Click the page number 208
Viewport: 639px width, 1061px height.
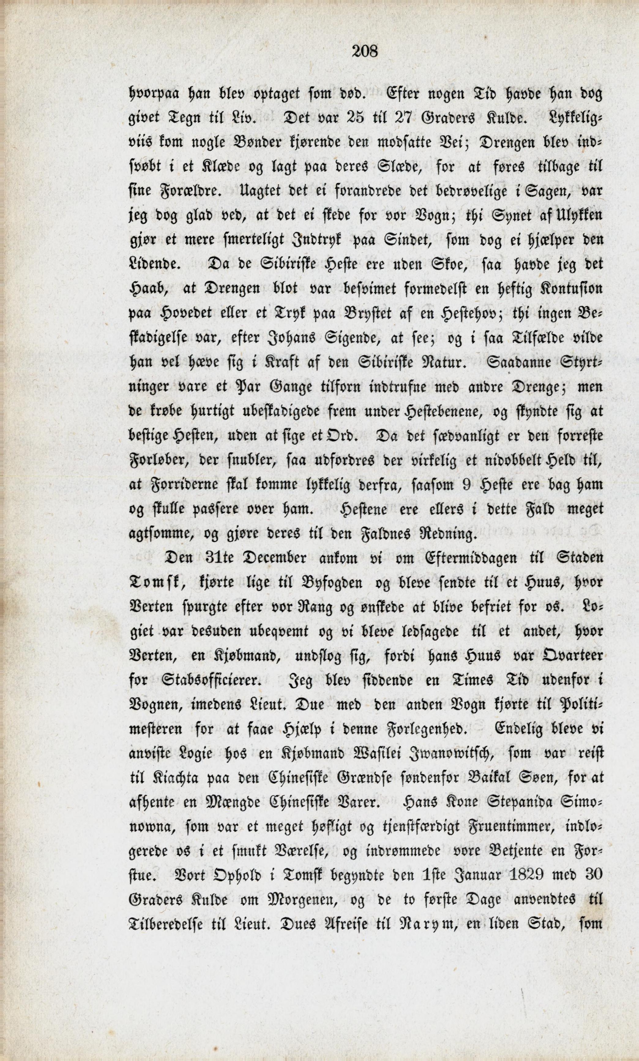(364, 52)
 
